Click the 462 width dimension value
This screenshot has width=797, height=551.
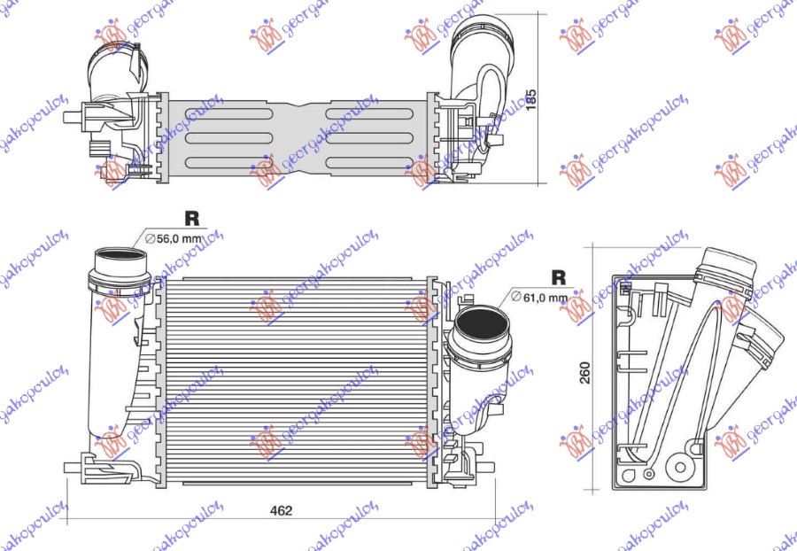tap(281, 510)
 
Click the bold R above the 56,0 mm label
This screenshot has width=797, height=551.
tap(191, 217)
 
